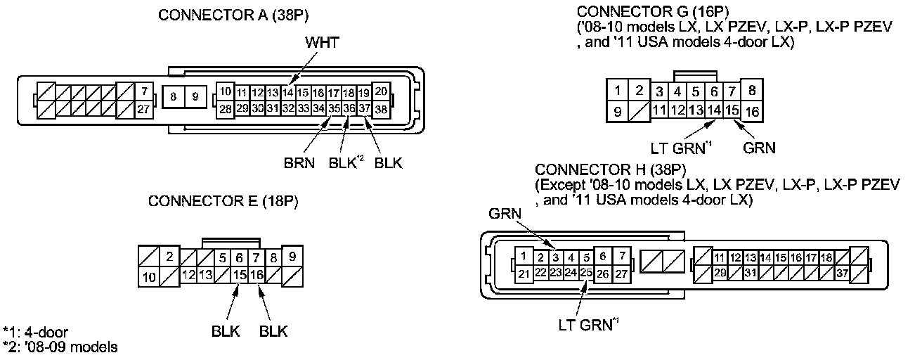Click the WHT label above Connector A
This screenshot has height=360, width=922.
point(322,44)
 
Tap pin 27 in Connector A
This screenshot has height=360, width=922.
point(143,108)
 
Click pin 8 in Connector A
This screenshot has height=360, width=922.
point(173,96)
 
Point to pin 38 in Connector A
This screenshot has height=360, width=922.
point(381,109)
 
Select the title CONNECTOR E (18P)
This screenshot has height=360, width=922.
point(223,202)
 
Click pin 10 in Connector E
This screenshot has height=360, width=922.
point(148,277)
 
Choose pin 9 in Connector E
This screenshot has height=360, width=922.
point(292,257)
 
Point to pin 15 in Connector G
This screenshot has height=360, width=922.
point(732,110)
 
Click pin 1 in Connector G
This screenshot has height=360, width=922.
point(617,91)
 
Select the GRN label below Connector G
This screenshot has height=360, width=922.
point(759,148)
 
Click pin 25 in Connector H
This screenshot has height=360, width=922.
point(586,271)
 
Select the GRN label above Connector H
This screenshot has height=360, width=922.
point(505,211)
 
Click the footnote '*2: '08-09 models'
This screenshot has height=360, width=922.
point(60,347)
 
